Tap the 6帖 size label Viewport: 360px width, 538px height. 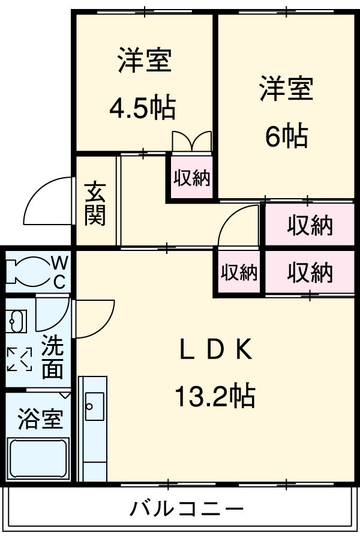(x=286, y=137)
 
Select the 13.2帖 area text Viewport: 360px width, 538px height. (x=214, y=396)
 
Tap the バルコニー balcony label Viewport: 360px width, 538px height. (x=187, y=510)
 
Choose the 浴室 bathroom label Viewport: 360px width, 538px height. (x=40, y=418)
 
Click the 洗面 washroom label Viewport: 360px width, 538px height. (x=53, y=358)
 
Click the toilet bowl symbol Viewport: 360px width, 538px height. (x=27, y=271)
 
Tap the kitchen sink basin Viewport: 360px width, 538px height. (x=94, y=407)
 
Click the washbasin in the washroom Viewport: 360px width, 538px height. (x=16, y=322)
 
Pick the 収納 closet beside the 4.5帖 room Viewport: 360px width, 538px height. (x=192, y=177)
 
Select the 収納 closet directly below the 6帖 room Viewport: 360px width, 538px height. (x=309, y=225)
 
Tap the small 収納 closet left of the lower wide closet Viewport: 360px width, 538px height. (x=239, y=273)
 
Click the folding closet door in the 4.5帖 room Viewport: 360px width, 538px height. (x=191, y=142)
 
